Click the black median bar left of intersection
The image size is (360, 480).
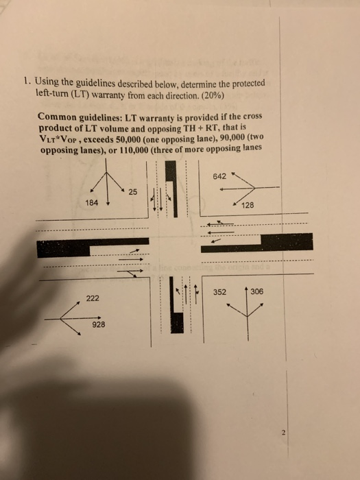[93, 246]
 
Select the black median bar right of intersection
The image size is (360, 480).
[257, 243]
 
